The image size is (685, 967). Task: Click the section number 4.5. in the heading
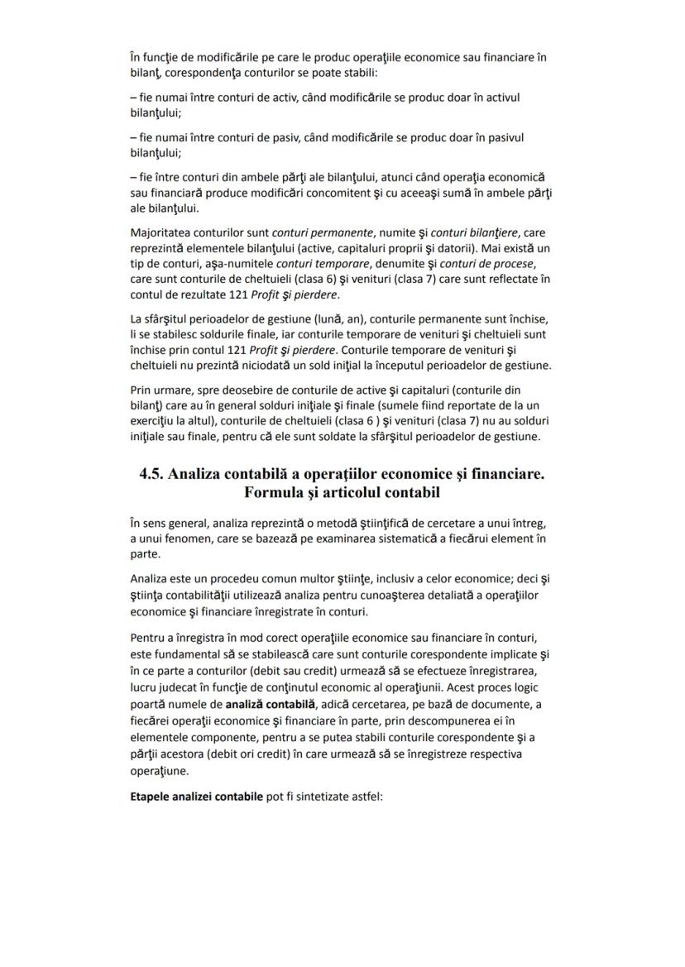(x=154, y=474)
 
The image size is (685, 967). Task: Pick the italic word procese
(x=512, y=265)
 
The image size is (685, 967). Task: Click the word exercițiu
(x=154, y=420)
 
